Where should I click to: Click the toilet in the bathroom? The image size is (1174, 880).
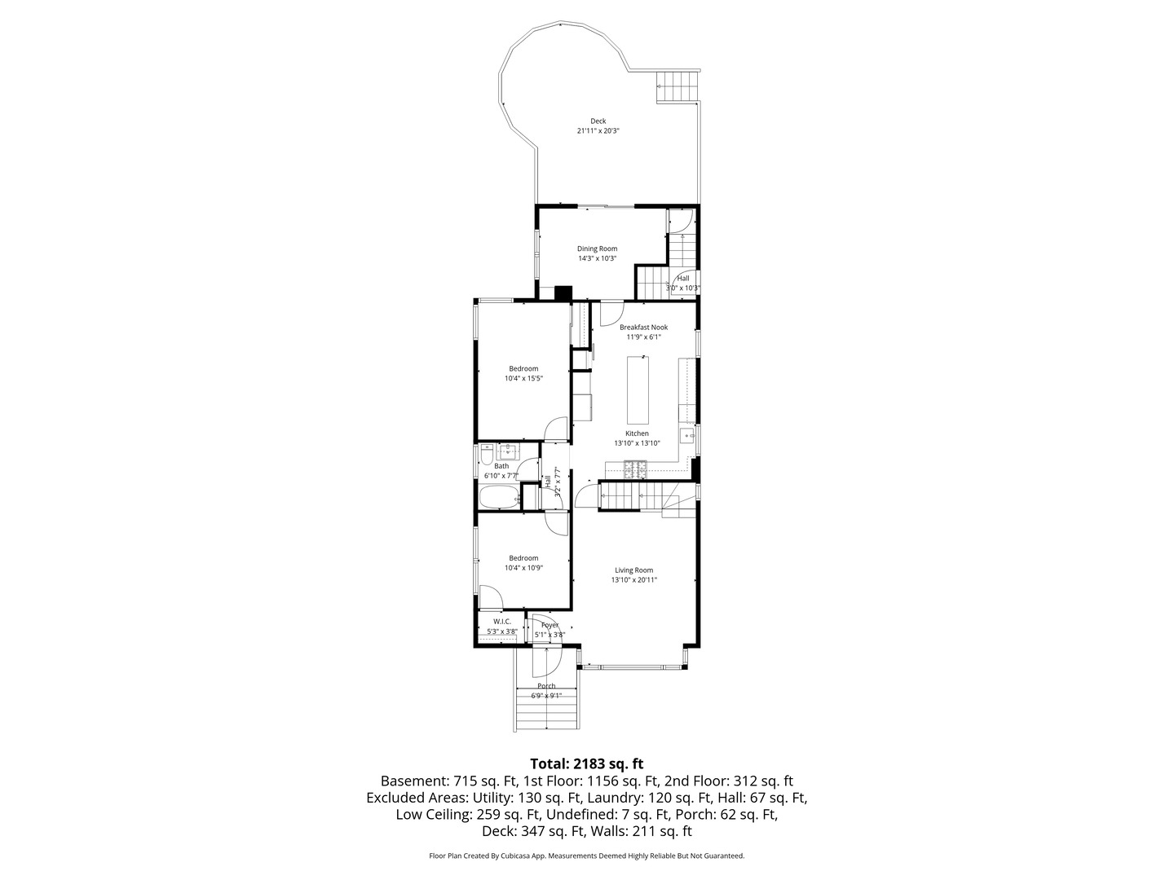click(x=485, y=454)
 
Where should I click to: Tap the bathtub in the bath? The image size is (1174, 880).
click(x=498, y=497)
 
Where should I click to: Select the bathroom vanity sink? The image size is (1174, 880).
click(x=509, y=451)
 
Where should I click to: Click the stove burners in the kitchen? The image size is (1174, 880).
click(x=634, y=469)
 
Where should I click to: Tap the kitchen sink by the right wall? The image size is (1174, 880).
click(x=690, y=438)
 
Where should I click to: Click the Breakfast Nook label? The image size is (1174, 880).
click(x=643, y=327)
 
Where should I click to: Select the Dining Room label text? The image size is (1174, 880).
click(x=597, y=249)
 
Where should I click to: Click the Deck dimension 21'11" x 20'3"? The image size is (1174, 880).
click(x=598, y=130)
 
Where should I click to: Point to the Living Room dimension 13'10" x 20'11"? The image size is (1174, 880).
click(x=633, y=580)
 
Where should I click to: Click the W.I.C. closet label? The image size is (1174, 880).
click(x=501, y=622)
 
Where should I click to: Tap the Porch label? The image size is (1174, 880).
click(x=546, y=686)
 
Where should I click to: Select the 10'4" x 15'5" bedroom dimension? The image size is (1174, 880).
click(x=523, y=378)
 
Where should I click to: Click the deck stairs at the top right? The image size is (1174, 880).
click(x=678, y=86)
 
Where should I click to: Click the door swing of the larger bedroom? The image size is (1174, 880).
click(x=557, y=428)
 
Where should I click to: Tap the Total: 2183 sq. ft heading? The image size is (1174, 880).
click(x=586, y=763)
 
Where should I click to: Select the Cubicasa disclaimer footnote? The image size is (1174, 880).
click(x=586, y=856)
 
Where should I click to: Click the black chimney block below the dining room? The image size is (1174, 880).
click(x=563, y=293)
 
